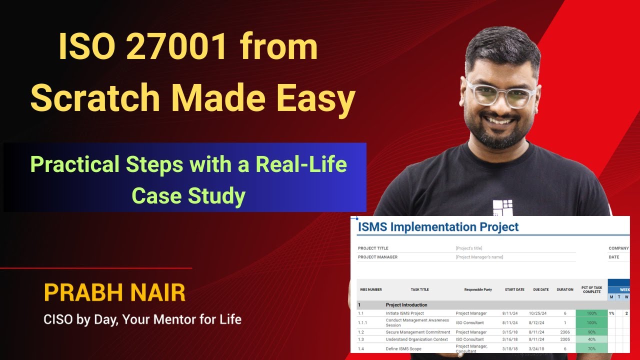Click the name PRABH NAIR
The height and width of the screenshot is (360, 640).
pyautogui.click(x=114, y=293)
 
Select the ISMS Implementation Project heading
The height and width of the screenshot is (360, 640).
pyautogui.click(x=438, y=227)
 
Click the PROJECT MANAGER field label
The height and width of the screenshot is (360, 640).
pyautogui.click(x=377, y=257)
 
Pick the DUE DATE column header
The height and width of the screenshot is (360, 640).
pyautogui.click(x=541, y=289)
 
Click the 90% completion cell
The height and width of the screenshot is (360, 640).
pyautogui.click(x=591, y=332)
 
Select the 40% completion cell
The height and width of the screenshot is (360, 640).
pyautogui.click(x=591, y=339)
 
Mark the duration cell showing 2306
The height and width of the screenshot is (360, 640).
pyautogui.click(x=565, y=332)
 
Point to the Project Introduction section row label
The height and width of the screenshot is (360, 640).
pyautogui.click(x=406, y=304)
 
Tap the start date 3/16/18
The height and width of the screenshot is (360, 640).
pyautogui.click(x=514, y=339)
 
